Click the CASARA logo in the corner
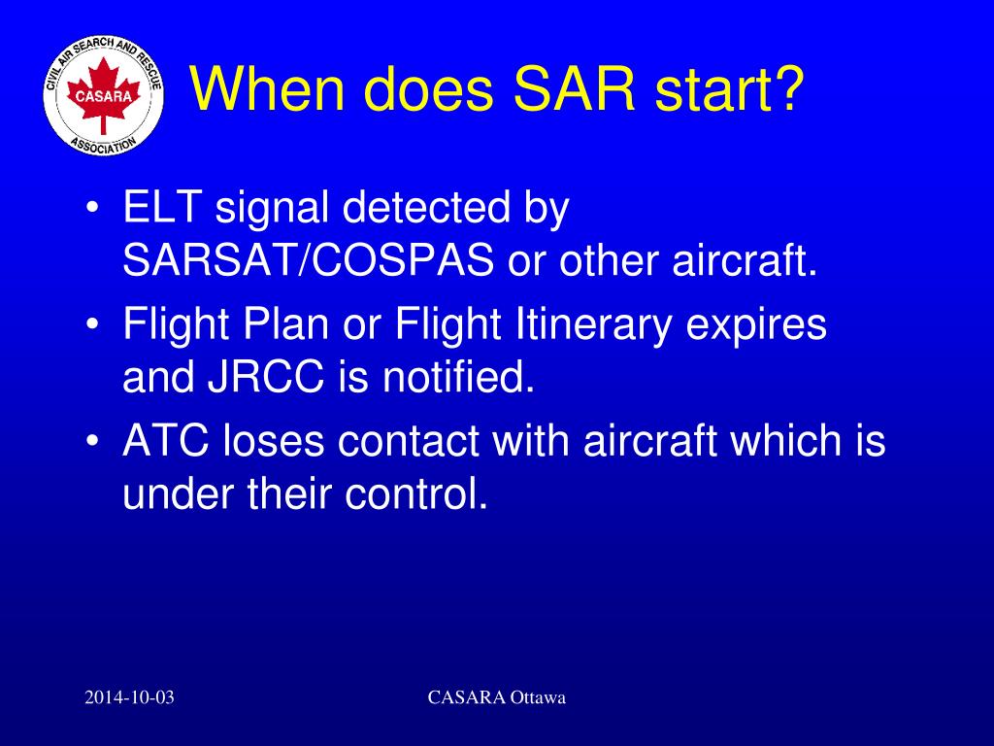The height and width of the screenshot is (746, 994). [x=103, y=97]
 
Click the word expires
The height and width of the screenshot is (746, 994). [x=757, y=325]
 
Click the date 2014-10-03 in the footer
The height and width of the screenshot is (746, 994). [x=129, y=698]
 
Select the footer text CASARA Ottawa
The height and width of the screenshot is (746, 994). [x=496, y=698]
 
